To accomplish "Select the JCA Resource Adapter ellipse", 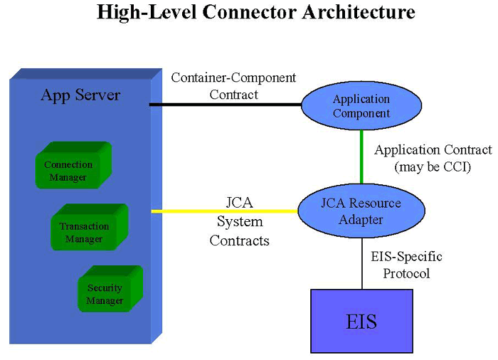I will click(x=361, y=211).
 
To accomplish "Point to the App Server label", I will click(x=80, y=95).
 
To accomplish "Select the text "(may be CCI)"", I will click(x=433, y=167).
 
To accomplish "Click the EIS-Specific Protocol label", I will click(x=406, y=265).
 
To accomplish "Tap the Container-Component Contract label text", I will click(x=233, y=85).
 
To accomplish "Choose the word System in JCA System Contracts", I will click(x=240, y=222).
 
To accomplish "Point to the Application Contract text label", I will click(x=433, y=150).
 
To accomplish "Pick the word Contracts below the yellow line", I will click(x=240, y=240).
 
